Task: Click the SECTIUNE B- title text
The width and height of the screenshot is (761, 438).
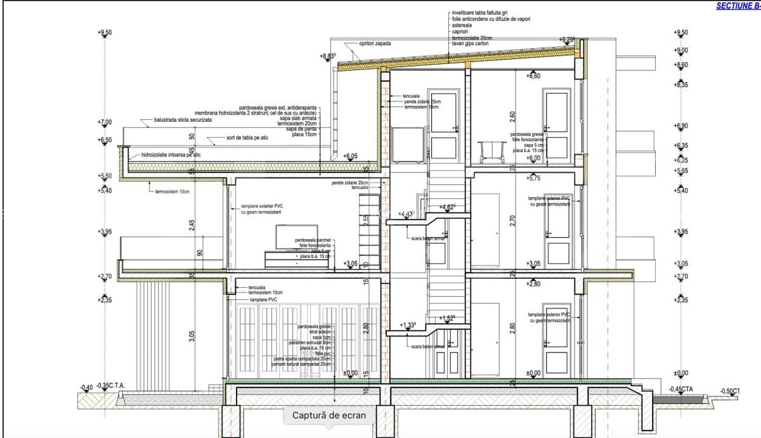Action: point(738,6)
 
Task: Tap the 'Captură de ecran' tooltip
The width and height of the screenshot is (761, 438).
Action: point(329,416)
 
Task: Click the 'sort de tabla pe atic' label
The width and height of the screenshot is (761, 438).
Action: point(247,138)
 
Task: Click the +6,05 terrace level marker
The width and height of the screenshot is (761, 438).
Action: point(350,156)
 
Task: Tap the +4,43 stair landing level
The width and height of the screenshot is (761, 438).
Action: point(406,214)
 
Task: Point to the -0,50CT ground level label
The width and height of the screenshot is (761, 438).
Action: point(730,391)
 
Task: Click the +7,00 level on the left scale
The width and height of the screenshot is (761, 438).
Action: point(105,122)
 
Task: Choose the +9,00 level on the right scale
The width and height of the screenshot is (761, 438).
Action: point(681,51)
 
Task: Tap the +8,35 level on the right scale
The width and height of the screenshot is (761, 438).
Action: point(681,85)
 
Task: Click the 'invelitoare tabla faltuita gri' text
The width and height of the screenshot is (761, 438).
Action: point(480,13)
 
